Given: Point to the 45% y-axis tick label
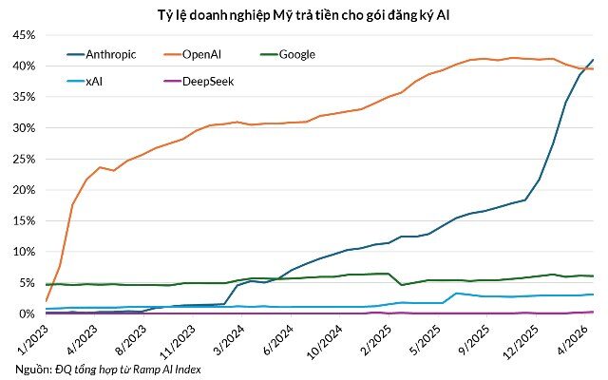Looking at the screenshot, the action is tap(24, 35).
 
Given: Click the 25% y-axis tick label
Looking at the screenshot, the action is tap(24, 159).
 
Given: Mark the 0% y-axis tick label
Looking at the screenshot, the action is tap(27, 313).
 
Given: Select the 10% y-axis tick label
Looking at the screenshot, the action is tap(24, 252).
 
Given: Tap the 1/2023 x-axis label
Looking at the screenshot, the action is tap(32, 340).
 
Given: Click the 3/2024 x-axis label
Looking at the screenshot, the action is tap(229, 340).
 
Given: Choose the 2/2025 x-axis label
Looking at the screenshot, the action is tap(376, 340).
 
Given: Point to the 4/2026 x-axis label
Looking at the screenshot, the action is tap(572, 340).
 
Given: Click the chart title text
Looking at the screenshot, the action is tap(304, 15).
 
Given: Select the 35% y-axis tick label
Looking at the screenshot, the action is tap(24, 97).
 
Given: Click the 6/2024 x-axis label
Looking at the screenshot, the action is tap(278, 340).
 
